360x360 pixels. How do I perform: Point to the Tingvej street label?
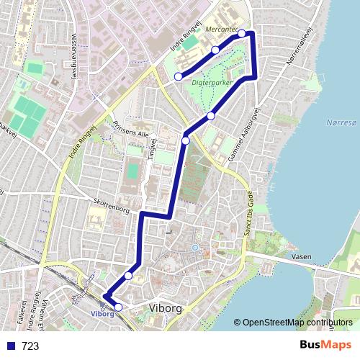[153, 148]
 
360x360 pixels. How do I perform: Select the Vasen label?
[302, 256]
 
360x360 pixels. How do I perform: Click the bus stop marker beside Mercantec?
[242, 33]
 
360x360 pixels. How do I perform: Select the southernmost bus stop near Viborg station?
[119, 307]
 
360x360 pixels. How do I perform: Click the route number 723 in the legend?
[30, 346]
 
